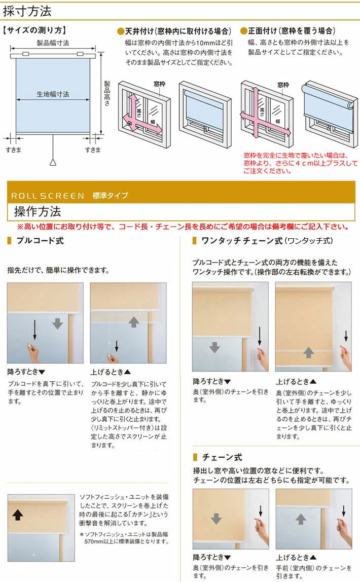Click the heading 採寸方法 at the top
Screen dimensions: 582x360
(31, 10)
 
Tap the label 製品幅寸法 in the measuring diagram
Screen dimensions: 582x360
(53, 43)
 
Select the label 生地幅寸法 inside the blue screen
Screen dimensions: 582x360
(53, 94)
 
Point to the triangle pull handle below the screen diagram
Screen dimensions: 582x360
(53, 162)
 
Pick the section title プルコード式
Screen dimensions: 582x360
(40, 241)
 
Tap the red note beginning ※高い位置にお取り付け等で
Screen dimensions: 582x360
(182, 227)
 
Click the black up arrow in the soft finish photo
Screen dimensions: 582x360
(18, 515)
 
